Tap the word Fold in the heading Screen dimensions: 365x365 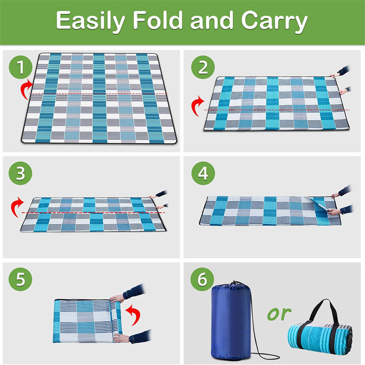coord(157,20)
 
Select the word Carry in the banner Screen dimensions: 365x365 coord(274,21)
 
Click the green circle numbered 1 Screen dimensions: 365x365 coord(21,67)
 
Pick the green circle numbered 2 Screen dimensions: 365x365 coord(203,67)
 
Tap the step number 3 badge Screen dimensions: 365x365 coord(21,173)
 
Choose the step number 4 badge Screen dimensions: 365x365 coord(203,173)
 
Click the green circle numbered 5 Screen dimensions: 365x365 coord(21,279)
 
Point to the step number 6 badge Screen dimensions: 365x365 coord(202,279)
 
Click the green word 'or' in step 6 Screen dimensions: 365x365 coord(279,313)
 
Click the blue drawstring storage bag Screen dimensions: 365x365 coord(231,321)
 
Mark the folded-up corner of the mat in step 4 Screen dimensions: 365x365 coord(319,203)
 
